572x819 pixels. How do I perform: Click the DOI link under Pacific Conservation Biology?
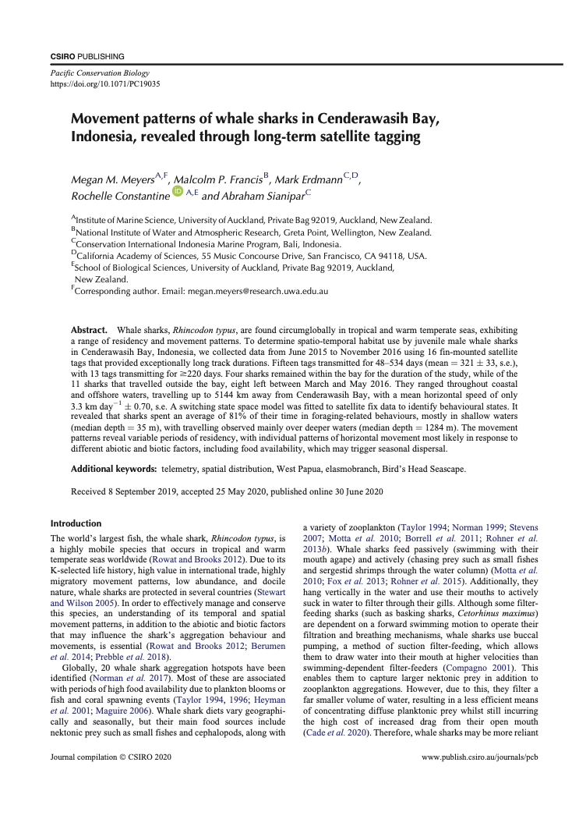pos(105,83)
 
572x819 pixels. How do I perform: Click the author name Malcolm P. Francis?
pos(220,180)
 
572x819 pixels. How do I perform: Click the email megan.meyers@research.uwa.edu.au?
pos(256,291)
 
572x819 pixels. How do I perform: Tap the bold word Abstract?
pos(88,331)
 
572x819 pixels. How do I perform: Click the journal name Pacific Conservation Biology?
pos(94,73)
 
